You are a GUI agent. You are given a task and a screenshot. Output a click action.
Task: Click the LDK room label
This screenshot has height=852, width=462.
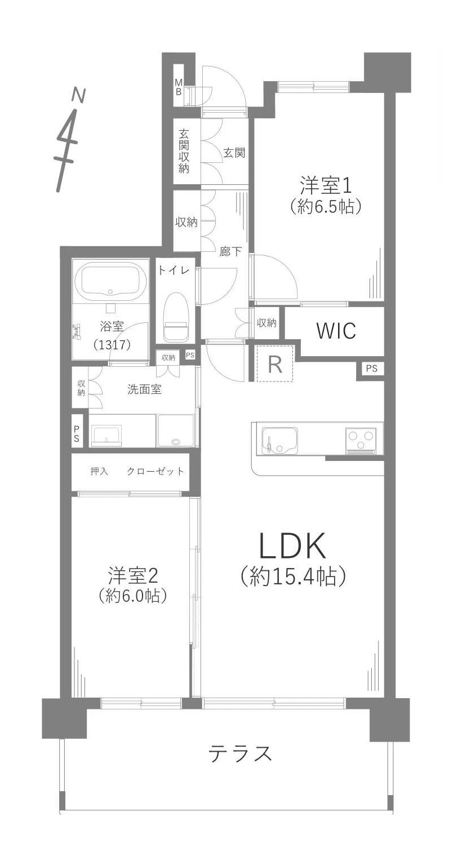pos(292,546)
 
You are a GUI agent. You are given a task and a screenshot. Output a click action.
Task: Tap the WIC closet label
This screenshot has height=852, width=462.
pos(336,331)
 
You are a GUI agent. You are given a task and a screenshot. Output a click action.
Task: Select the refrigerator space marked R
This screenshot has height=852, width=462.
pos(275,363)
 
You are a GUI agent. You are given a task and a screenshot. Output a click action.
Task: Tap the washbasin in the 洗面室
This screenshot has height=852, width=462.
pos(107,435)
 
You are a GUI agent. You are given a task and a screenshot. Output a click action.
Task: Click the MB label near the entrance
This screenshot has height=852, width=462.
pos(179,87)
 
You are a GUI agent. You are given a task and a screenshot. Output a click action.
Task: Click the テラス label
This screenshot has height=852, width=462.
pos(241,753)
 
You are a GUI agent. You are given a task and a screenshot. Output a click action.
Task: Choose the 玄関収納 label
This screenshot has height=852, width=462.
pos(184,152)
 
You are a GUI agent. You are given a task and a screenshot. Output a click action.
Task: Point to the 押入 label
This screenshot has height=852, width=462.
pos(99,471)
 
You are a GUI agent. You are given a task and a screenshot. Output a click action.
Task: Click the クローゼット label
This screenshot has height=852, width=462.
pos(155,471)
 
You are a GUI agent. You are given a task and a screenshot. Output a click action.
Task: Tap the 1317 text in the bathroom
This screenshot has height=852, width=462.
pos(112,345)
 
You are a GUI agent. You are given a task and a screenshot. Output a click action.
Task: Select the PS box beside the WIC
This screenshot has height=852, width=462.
pos(371,368)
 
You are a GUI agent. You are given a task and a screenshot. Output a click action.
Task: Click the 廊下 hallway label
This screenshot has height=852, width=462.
pos(230,251)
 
